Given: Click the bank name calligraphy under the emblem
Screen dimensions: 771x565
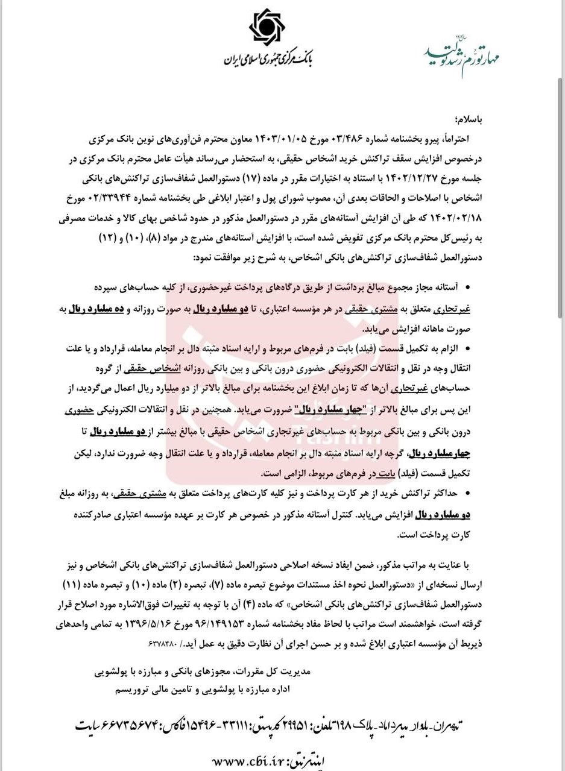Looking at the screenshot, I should [268, 58].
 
